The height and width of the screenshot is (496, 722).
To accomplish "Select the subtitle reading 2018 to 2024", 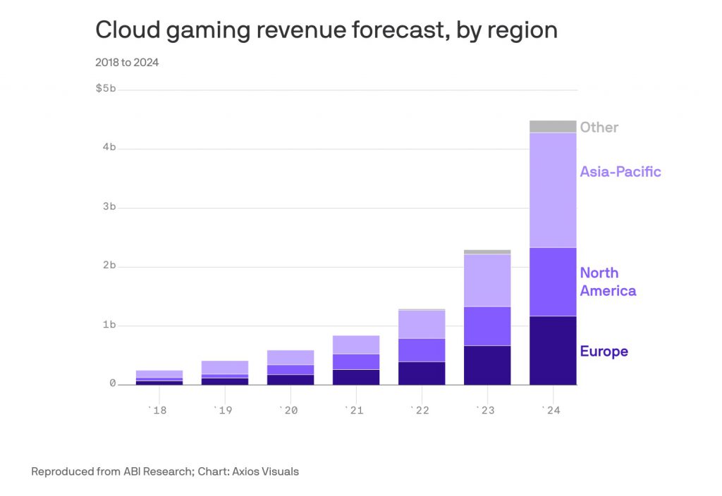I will coord(127,63).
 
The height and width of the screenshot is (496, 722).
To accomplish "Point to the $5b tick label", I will coord(106,89).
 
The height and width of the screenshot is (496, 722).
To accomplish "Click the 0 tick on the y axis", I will coord(112,384).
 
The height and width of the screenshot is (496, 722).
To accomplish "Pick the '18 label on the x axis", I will coord(158,410).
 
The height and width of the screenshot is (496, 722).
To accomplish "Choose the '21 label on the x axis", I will coord(355,410).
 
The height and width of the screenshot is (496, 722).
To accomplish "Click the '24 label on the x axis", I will coord(552,410).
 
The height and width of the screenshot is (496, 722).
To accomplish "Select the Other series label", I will coord(599,128).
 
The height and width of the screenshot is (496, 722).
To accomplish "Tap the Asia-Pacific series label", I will coord(620,171).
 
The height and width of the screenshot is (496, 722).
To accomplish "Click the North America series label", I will coord(608,282).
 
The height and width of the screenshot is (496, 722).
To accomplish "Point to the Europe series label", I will coord(604,352).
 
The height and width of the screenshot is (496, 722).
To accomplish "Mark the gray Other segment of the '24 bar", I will coord(553,126).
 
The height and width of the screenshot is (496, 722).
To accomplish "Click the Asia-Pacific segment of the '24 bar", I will coord(553,190).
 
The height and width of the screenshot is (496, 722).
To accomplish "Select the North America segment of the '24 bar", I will coord(553,282).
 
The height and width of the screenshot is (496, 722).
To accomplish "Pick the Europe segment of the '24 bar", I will coord(553,350).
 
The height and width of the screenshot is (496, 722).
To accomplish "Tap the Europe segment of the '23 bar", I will coord(487,365).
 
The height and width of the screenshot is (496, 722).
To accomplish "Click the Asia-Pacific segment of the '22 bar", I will coord(422,325).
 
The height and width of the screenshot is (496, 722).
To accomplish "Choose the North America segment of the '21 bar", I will coord(355,361).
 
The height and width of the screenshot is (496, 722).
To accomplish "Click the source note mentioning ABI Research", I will coord(165,471).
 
